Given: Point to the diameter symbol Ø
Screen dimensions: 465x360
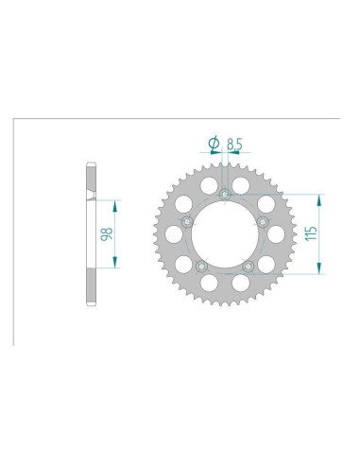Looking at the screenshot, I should [214, 143].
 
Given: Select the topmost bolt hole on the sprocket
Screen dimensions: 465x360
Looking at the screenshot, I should [225, 196].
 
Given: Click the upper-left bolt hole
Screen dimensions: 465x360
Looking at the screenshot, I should [188, 222].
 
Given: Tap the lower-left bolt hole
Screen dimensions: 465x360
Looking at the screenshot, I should [201, 267].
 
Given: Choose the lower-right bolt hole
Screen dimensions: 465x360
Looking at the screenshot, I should [248, 267].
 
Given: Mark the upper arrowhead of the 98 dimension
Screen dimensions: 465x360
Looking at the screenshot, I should [116, 202].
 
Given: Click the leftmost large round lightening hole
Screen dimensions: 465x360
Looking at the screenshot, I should [176, 234].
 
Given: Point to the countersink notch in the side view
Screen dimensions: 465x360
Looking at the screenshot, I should [91, 196].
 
